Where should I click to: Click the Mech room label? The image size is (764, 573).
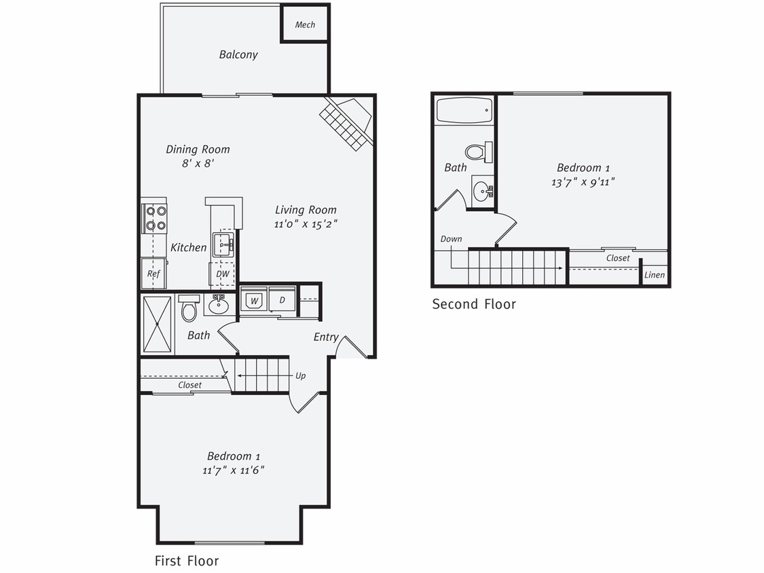305,25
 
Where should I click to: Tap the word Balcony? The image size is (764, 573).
238,54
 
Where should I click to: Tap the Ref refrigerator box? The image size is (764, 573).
153,274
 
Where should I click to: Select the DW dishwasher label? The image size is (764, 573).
222,274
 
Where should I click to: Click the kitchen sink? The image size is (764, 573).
223,243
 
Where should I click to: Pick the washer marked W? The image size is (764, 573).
254,300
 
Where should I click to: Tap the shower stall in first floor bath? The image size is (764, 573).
157,324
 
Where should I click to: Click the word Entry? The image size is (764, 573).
326,337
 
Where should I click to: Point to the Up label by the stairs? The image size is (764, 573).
300,375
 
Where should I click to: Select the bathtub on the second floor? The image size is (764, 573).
465,110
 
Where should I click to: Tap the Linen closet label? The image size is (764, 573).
655,275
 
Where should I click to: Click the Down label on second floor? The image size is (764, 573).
451,239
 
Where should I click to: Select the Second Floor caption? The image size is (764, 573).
474,304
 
